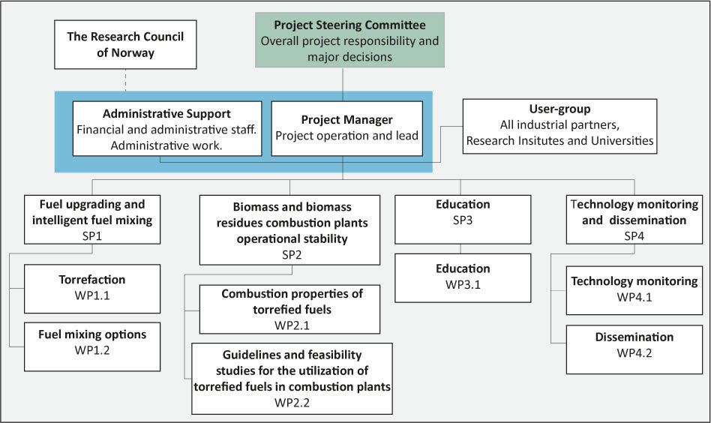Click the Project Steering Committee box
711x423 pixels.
pos(349,40)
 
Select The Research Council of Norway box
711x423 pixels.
pos(125,44)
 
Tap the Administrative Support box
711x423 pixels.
pos(167,129)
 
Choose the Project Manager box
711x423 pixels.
pos(347,129)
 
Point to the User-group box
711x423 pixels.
pos(560,126)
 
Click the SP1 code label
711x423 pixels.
pos(92,235)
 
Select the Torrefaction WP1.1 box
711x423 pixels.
pos(92,289)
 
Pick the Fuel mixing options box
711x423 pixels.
pos(92,346)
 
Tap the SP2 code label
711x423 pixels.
pos(292,255)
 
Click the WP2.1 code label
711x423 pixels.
pos(292,325)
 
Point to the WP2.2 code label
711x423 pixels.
pos(292,403)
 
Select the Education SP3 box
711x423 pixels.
pos(463,220)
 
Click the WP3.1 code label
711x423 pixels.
pos(463,285)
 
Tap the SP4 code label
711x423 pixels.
pos(634,235)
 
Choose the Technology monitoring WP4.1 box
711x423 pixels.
pos(634,290)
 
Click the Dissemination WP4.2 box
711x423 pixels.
pos(634,349)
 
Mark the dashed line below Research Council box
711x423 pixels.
pos(125,80)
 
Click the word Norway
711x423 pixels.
pos(133,53)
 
